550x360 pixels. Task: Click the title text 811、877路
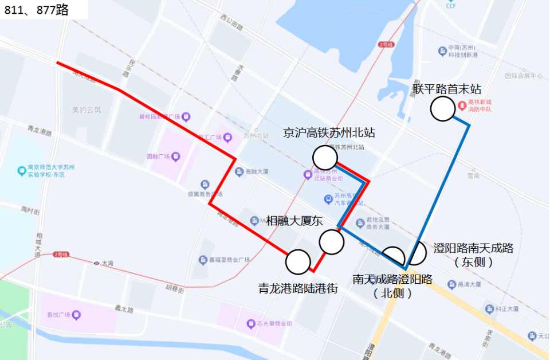tap(36, 10)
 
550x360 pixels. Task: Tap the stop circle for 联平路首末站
tap(442, 109)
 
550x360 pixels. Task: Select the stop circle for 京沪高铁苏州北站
tap(325, 156)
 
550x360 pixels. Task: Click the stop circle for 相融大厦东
tap(332, 242)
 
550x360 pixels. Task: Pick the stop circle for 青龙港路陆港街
tap(297, 262)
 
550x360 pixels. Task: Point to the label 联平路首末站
tap(447, 89)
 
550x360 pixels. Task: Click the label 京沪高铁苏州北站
tap(329, 133)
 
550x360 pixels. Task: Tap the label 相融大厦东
tap(295, 221)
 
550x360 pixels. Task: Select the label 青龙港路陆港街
tap(298, 288)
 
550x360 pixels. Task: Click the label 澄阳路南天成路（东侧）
tap(473, 255)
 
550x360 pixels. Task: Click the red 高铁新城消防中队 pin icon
tap(463, 106)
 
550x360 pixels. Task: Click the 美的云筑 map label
tap(86, 109)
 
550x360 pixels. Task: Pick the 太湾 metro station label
tap(108, 263)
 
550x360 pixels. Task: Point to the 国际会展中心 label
tap(524, 76)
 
